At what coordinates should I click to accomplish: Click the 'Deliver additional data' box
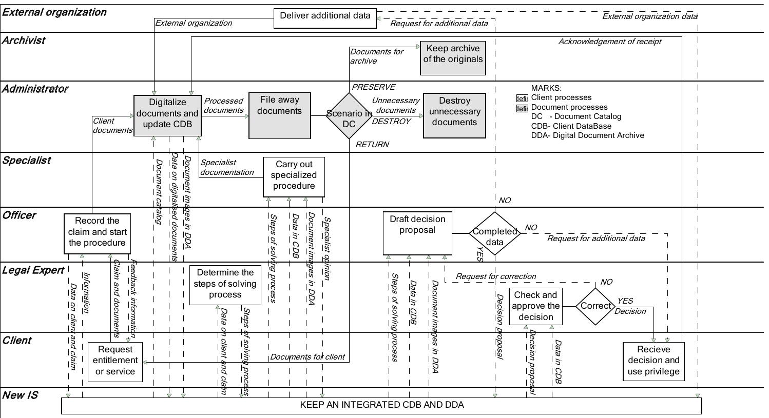325,18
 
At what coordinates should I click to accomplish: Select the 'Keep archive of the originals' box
453,58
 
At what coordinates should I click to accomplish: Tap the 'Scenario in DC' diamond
349,116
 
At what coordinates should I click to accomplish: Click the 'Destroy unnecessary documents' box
454,115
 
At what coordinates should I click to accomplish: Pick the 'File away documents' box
279,116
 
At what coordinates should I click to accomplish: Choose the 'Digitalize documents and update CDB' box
167,116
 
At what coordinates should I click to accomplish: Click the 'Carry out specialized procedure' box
294,177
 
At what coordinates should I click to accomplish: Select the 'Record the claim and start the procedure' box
97,234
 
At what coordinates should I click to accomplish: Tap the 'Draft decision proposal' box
417,234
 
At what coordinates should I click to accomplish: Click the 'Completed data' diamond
494,234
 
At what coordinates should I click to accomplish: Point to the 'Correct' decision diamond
594,306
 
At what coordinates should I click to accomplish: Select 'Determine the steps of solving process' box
225,285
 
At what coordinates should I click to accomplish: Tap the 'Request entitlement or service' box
115,362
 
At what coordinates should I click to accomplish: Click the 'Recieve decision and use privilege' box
653,362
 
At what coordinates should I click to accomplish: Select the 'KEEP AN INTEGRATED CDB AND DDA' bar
381,405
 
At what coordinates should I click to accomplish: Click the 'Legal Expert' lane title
33,270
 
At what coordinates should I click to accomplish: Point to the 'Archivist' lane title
24,41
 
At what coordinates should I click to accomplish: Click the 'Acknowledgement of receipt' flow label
609,42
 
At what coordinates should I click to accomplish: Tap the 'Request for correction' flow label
495,276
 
